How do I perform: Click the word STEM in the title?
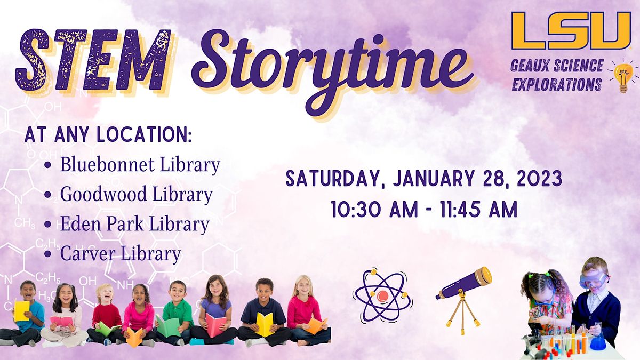(93, 60)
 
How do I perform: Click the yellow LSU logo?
(571, 30)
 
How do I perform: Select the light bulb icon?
(622, 76)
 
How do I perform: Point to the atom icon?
(382, 295)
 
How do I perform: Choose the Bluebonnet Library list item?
(140, 165)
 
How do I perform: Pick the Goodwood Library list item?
(136, 195)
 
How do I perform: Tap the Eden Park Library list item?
(134, 225)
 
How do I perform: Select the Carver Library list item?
(121, 254)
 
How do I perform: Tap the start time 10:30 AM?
(373, 210)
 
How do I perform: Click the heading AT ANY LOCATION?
(108, 135)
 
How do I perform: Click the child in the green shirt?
(176, 312)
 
